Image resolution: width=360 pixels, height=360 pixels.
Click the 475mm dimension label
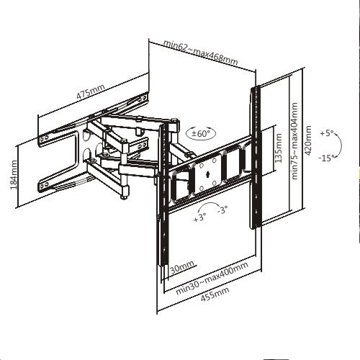pos(91,91)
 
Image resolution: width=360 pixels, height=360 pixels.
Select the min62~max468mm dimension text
pos(201,53)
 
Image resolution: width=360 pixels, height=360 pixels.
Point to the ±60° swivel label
pos(201,133)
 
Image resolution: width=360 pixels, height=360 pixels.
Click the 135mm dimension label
pos(279,148)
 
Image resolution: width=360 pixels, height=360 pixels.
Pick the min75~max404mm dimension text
pos(294,141)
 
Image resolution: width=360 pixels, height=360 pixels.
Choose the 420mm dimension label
pos(307,140)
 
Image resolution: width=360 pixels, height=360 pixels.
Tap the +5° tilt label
pos(327,132)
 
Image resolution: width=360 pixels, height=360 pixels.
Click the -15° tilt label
pos(326,158)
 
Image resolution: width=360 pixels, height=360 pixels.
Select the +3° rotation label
pos(199,217)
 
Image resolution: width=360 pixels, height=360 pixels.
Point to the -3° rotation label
pos(222,210)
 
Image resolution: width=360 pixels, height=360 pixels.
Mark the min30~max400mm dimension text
pos(212,279)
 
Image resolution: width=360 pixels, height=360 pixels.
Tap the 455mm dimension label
pos(215,294)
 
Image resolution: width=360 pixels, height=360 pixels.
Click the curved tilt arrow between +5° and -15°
pos(341,145)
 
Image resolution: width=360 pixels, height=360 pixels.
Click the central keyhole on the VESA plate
pos(208,174)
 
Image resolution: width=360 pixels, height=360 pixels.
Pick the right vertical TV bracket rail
pos(255,157)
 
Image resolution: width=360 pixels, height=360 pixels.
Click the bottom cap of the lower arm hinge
pos(125,197)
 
